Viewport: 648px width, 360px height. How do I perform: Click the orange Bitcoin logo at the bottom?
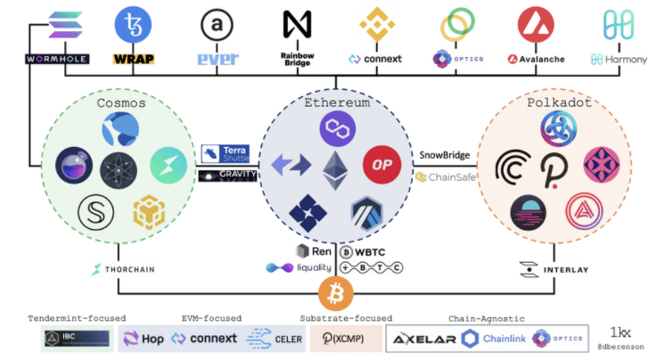pyautogui.click(x=335, y=292)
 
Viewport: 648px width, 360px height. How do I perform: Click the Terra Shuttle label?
pyautogui.click(x=229, y=153)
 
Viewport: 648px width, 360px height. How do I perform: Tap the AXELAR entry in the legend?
pyautogui.click(x=422, y=339)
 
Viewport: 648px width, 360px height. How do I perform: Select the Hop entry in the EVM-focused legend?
pyautogui.click(x=144, y=339)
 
